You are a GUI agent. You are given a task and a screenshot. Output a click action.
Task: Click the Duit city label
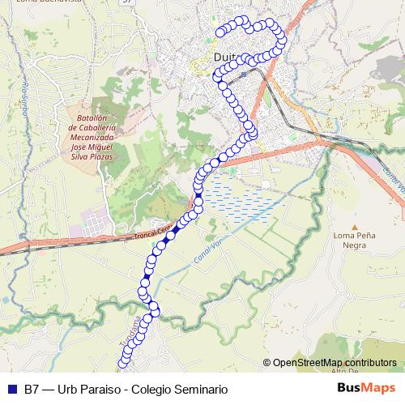226,58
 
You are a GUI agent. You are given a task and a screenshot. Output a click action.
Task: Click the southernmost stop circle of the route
123,364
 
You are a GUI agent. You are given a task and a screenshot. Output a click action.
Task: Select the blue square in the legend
10,389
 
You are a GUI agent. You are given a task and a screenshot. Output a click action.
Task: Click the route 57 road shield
126,3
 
